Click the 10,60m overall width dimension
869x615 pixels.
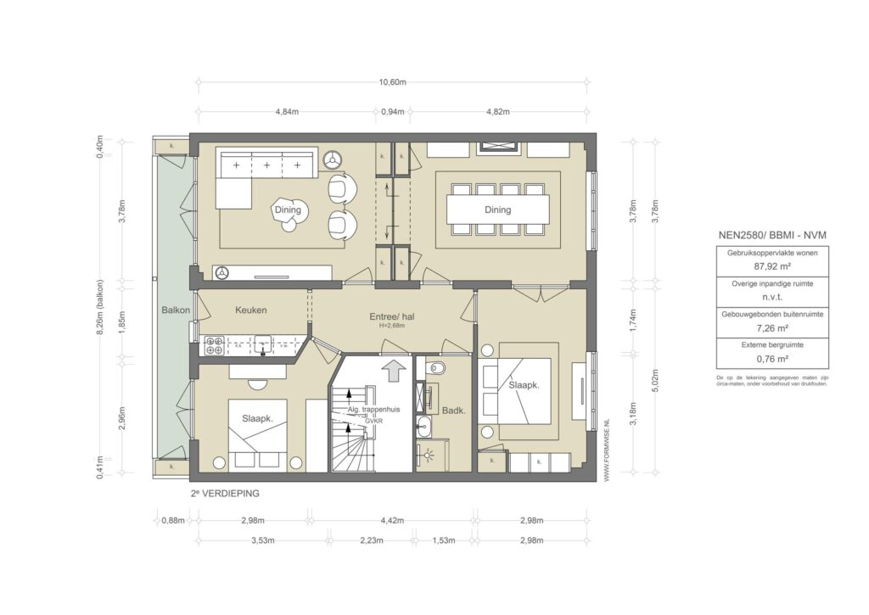(392, 82)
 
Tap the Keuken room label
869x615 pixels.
(251, 310)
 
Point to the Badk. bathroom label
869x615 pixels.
(454, 411)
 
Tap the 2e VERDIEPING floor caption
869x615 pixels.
(225, 492)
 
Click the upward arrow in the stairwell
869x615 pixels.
(392, 371)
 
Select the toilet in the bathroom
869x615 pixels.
(437, 368)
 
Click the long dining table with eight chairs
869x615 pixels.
(498, 210)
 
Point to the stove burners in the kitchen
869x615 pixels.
(213, 345)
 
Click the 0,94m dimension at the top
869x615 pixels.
(392, 112)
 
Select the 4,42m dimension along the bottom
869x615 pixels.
(392, 520)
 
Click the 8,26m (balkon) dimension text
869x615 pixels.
(100, 308)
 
